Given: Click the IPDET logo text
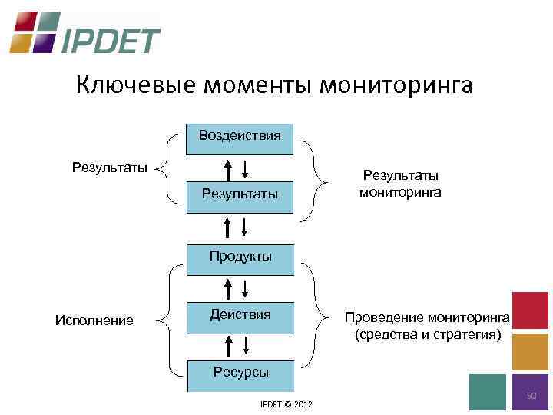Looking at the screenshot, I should (x=111, y=39).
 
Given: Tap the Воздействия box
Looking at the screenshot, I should (x=240, y=137).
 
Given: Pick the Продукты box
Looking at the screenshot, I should (x=240, y=257).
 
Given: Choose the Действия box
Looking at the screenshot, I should (x=240, y=315).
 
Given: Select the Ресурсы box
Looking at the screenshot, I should (x=240, y=373).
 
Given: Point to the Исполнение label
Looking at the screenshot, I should (x=94, y=320).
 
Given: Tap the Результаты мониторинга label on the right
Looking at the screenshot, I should (x=400, y=184).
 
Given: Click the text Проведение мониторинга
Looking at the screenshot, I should (x=426, y=317).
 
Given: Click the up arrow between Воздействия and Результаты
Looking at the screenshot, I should (x=227, y=169).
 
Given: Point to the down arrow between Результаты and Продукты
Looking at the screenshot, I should (x=244, y=227).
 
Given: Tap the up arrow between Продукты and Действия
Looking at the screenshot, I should (x=227, y=289).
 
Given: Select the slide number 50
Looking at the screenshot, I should (x=530, y=395).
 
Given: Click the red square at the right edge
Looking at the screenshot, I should (x=530, y=310).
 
